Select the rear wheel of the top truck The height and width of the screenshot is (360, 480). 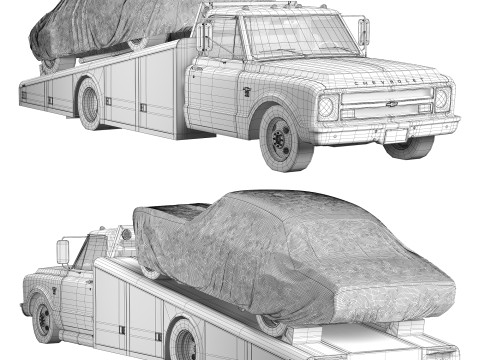pyautogui.click(x=90, y=104)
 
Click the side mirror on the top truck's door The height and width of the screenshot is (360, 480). pyautogui.click(x=205, y=38)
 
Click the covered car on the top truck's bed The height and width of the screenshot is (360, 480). pyautogui.click(x=100, y=28)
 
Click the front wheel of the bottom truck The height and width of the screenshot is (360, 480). pyautogui.click(x=44, y=319)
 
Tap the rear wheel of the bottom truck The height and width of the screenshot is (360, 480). pyautogui.click(x=185, y=340)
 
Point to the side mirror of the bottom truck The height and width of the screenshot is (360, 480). pyautogui.click(x=63, y=251)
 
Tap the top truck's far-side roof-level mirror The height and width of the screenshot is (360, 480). pyautogui.click(x=364, y=31)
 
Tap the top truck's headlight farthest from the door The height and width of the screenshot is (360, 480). pyautogui.click(x=441, y=99)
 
